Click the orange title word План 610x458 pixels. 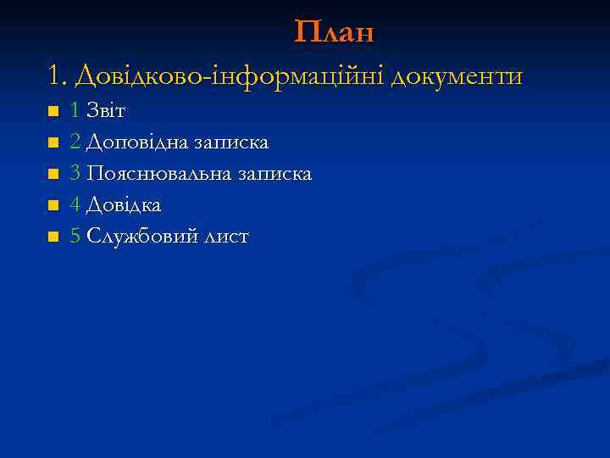point(334,32)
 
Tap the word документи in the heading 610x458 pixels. point(456,77)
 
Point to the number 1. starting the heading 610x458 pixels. point(58,77)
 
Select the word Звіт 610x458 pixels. point(106,111)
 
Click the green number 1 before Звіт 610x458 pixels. point(75,111)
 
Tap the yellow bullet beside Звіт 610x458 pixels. point(53,112)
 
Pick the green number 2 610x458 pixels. point(75,142)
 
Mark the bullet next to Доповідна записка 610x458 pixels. point(53,143)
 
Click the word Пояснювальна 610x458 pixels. point(158,174)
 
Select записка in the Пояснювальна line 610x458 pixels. point(274,174)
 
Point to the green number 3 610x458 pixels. point(75,174)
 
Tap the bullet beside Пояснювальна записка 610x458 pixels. point(53,175)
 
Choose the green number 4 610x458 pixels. point(75,205)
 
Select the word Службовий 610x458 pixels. point(142,237)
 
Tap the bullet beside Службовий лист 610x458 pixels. point(53,237)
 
